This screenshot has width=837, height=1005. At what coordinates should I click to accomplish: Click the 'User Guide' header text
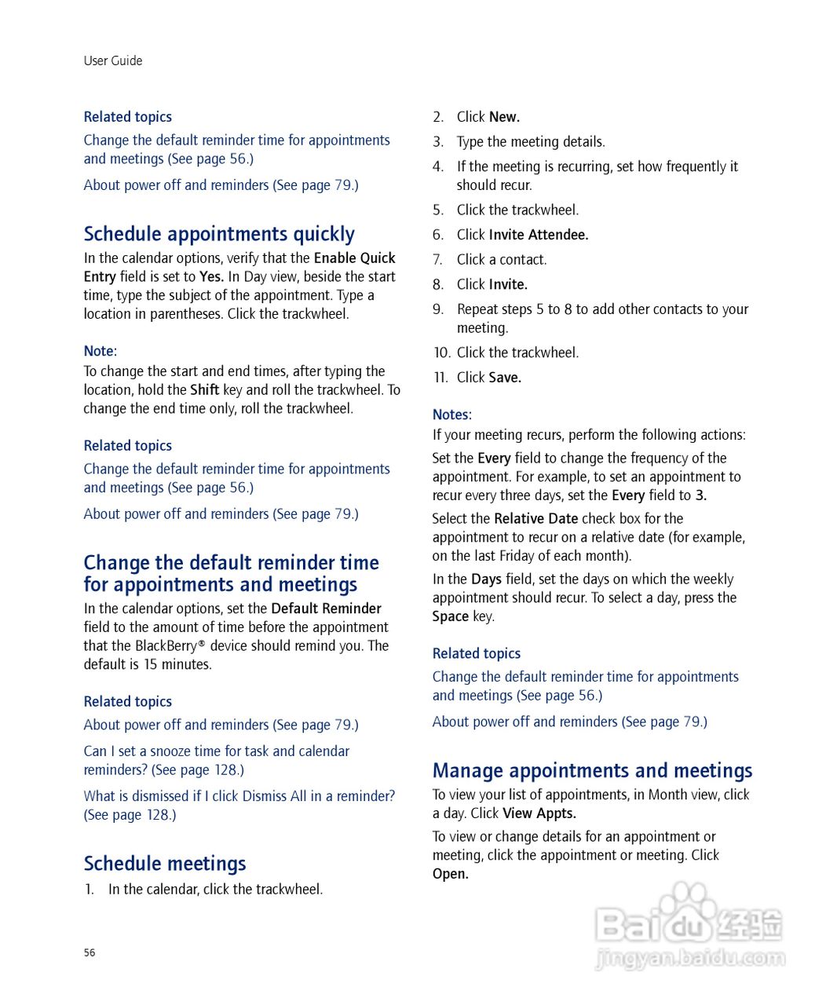[x=113, y=60]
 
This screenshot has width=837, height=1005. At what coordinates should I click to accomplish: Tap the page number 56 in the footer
[x=90, y=952]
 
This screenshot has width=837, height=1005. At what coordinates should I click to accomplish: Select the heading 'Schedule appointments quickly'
[x=219, y=234]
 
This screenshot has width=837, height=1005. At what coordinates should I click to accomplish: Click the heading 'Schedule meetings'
[x=165, y=864]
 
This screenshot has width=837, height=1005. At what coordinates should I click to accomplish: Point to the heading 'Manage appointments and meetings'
[x=592, y=770]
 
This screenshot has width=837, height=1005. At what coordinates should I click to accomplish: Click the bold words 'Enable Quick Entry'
[x=354, y=258]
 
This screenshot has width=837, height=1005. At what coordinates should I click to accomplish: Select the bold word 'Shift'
[x=204, y=390]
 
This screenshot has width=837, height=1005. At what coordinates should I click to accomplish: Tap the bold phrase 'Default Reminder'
[x=326, y=608]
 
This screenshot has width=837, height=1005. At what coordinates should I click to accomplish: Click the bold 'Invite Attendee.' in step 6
[x=539, y=235]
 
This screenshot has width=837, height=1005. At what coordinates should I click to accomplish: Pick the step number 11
[x=440, y=378]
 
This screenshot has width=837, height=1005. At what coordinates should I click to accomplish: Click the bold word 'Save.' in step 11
[x=505, y=378]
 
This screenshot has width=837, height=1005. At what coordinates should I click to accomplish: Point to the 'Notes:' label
[x=451, y=415]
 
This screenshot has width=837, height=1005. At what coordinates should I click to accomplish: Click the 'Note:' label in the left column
[x=101, y=351]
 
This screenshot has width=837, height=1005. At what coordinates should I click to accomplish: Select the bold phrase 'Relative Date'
[x=533, y=519]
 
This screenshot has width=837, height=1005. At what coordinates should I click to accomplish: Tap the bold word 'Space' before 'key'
[x=450, y=616]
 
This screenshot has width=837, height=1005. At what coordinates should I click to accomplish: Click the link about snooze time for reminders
[x=216, y=760]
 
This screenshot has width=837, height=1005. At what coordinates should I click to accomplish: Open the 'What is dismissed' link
[x=239, y=805]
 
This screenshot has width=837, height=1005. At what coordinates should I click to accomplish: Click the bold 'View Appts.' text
[x=539, y=813]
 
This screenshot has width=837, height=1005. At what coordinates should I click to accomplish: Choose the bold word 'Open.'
[x=450, y=874]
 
